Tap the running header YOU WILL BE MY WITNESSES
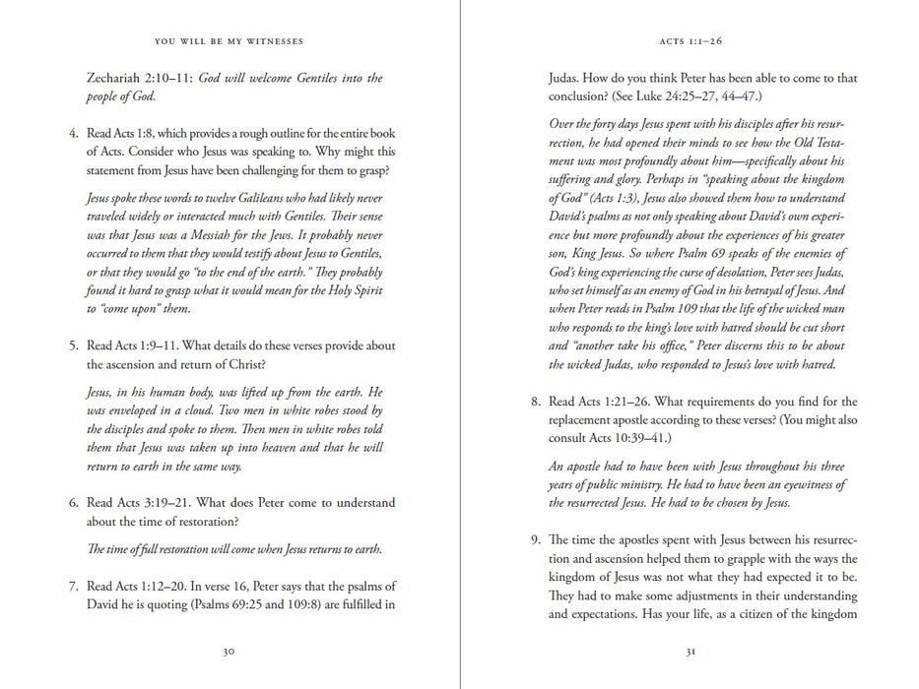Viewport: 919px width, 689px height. pos(229,41)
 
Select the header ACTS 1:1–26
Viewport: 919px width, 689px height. pos(691,41)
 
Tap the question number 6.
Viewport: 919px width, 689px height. pos(72,503)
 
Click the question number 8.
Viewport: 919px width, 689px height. pos(534,402)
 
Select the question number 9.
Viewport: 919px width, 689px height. pos(534,539)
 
